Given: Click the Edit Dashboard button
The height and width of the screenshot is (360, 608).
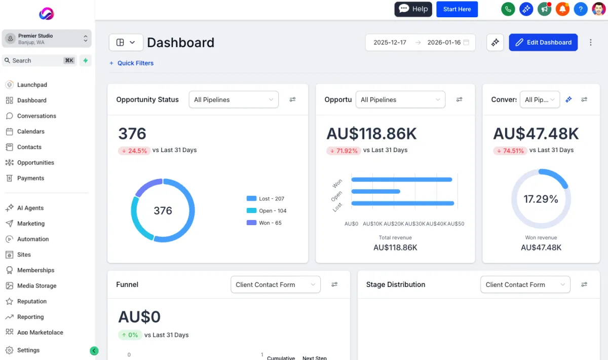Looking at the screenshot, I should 543,43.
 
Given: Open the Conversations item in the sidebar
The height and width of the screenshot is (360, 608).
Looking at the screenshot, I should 36,116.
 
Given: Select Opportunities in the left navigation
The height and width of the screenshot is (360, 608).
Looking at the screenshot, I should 35,163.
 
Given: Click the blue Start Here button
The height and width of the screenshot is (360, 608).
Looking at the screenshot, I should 457,9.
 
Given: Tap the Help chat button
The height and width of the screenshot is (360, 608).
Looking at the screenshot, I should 413,9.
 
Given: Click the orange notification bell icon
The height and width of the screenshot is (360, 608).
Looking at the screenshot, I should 562,9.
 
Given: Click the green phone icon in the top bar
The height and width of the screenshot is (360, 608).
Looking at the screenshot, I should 508,9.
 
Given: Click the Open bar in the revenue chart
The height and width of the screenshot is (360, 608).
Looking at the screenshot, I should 375,191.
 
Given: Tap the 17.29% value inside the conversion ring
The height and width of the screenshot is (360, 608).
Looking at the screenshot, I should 541,199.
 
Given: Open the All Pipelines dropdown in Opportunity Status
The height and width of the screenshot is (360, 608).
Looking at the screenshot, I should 234,100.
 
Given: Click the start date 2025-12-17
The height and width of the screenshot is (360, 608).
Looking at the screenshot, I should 390,43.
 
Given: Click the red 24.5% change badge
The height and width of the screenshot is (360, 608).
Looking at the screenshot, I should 134,151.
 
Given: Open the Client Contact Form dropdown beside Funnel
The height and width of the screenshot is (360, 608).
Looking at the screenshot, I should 275,285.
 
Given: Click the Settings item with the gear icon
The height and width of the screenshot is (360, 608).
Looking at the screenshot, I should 28,350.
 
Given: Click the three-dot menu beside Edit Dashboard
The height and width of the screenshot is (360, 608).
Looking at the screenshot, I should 590,43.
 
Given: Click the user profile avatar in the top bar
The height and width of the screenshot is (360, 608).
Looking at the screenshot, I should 598,9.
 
